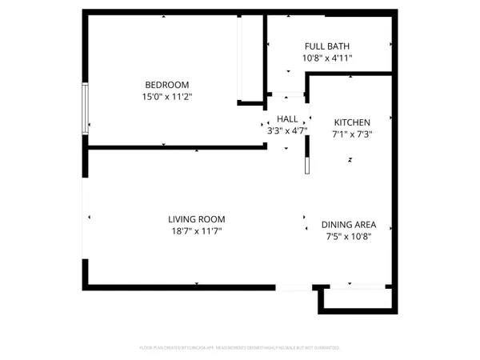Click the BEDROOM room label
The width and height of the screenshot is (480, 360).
[x=166, y=85]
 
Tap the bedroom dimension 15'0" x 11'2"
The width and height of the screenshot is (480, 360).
[x=166, y=97]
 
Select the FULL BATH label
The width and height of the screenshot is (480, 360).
[x=326, y=46]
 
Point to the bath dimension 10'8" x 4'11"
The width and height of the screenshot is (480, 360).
[x=326, y=58]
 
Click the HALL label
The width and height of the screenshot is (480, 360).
[x=287, y=118]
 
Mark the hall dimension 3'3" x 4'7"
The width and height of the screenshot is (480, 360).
[x=287, y=130]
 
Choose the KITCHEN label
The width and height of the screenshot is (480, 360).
[x=352, y=122]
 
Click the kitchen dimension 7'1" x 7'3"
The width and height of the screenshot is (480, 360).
[x=352, y=134]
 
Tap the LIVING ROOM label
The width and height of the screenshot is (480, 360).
[x=196, y=219]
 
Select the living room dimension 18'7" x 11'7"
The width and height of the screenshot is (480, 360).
[x=196, y=231]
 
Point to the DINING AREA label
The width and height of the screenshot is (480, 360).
[x=348, y=225]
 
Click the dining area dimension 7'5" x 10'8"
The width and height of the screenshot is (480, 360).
[x=348, y=237]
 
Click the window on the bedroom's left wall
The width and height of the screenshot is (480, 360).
[x=85, y=108]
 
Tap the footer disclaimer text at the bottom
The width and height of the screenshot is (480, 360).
[x=240, y=348]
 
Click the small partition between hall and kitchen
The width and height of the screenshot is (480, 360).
[x=306, y=163]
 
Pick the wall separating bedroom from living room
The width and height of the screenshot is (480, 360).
[x=176, y=147]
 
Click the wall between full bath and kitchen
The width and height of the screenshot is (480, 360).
[x=350, y=74]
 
